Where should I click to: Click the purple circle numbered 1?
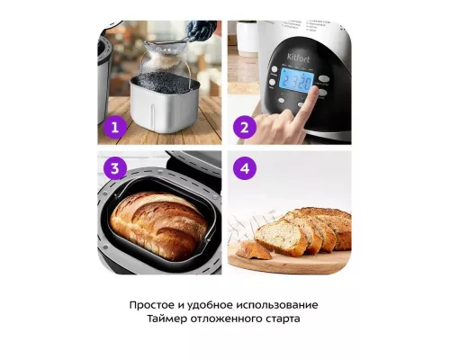click(115, 127)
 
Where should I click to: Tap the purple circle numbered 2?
click(245, 127)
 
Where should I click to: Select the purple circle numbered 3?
click(115, 168)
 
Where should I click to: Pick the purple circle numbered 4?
click(245, 168)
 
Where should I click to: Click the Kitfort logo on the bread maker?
click(298, 58)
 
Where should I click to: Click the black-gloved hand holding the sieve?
click(200, 30)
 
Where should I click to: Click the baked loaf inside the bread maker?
click(158, 224)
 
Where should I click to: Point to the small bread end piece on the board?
click(253, 251)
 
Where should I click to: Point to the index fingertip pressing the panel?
click(314, 90)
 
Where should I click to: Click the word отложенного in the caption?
click(226, 319)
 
